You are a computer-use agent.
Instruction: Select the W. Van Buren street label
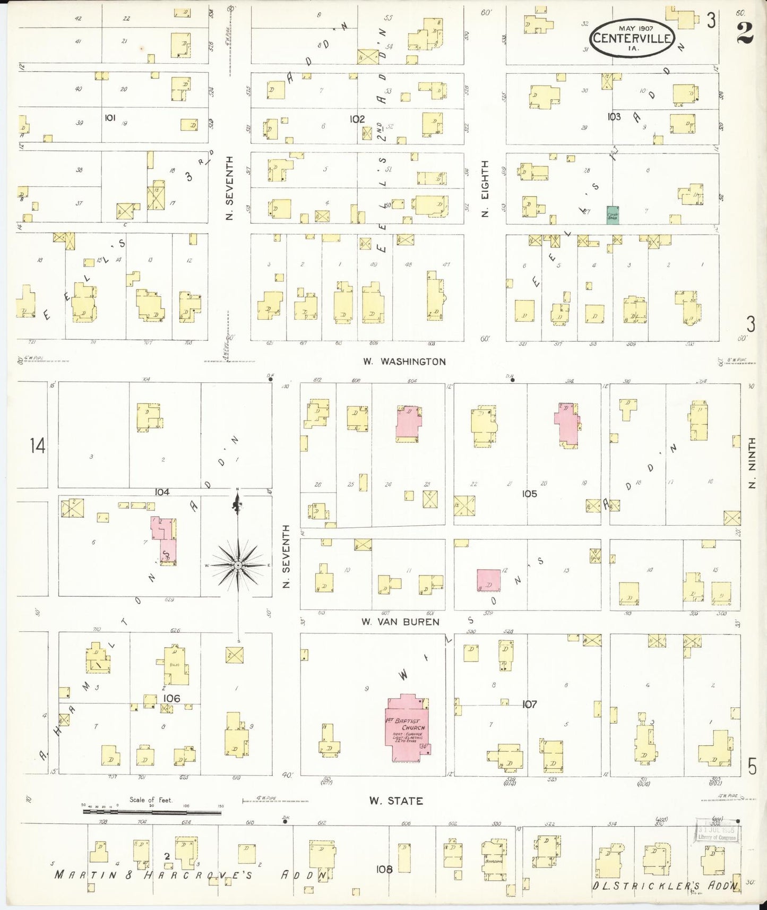point(400,621)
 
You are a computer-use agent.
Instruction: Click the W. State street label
point(398,801)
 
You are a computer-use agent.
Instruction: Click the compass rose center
point(238,565)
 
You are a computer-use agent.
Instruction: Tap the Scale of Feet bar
point(151,812)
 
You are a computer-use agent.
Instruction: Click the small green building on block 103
point(613,214)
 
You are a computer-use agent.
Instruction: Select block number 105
point(529,493)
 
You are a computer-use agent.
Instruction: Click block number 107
point(529,704)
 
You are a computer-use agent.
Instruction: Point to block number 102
point(357,119)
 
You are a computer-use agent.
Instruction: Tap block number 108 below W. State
point(384,869)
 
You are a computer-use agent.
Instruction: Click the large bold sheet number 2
point(745,33)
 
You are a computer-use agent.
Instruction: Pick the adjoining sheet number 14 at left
point(37,445)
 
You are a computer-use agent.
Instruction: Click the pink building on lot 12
point(488,581)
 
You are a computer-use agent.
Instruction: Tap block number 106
point(171,698)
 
